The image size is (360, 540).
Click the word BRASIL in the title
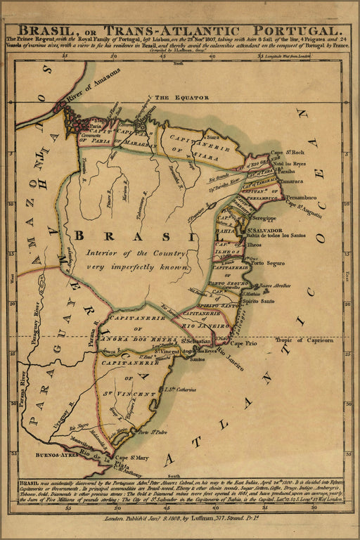[49, 31]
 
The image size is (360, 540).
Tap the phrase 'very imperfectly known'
[138, 267]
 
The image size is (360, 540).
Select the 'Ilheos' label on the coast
[257, 245]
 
